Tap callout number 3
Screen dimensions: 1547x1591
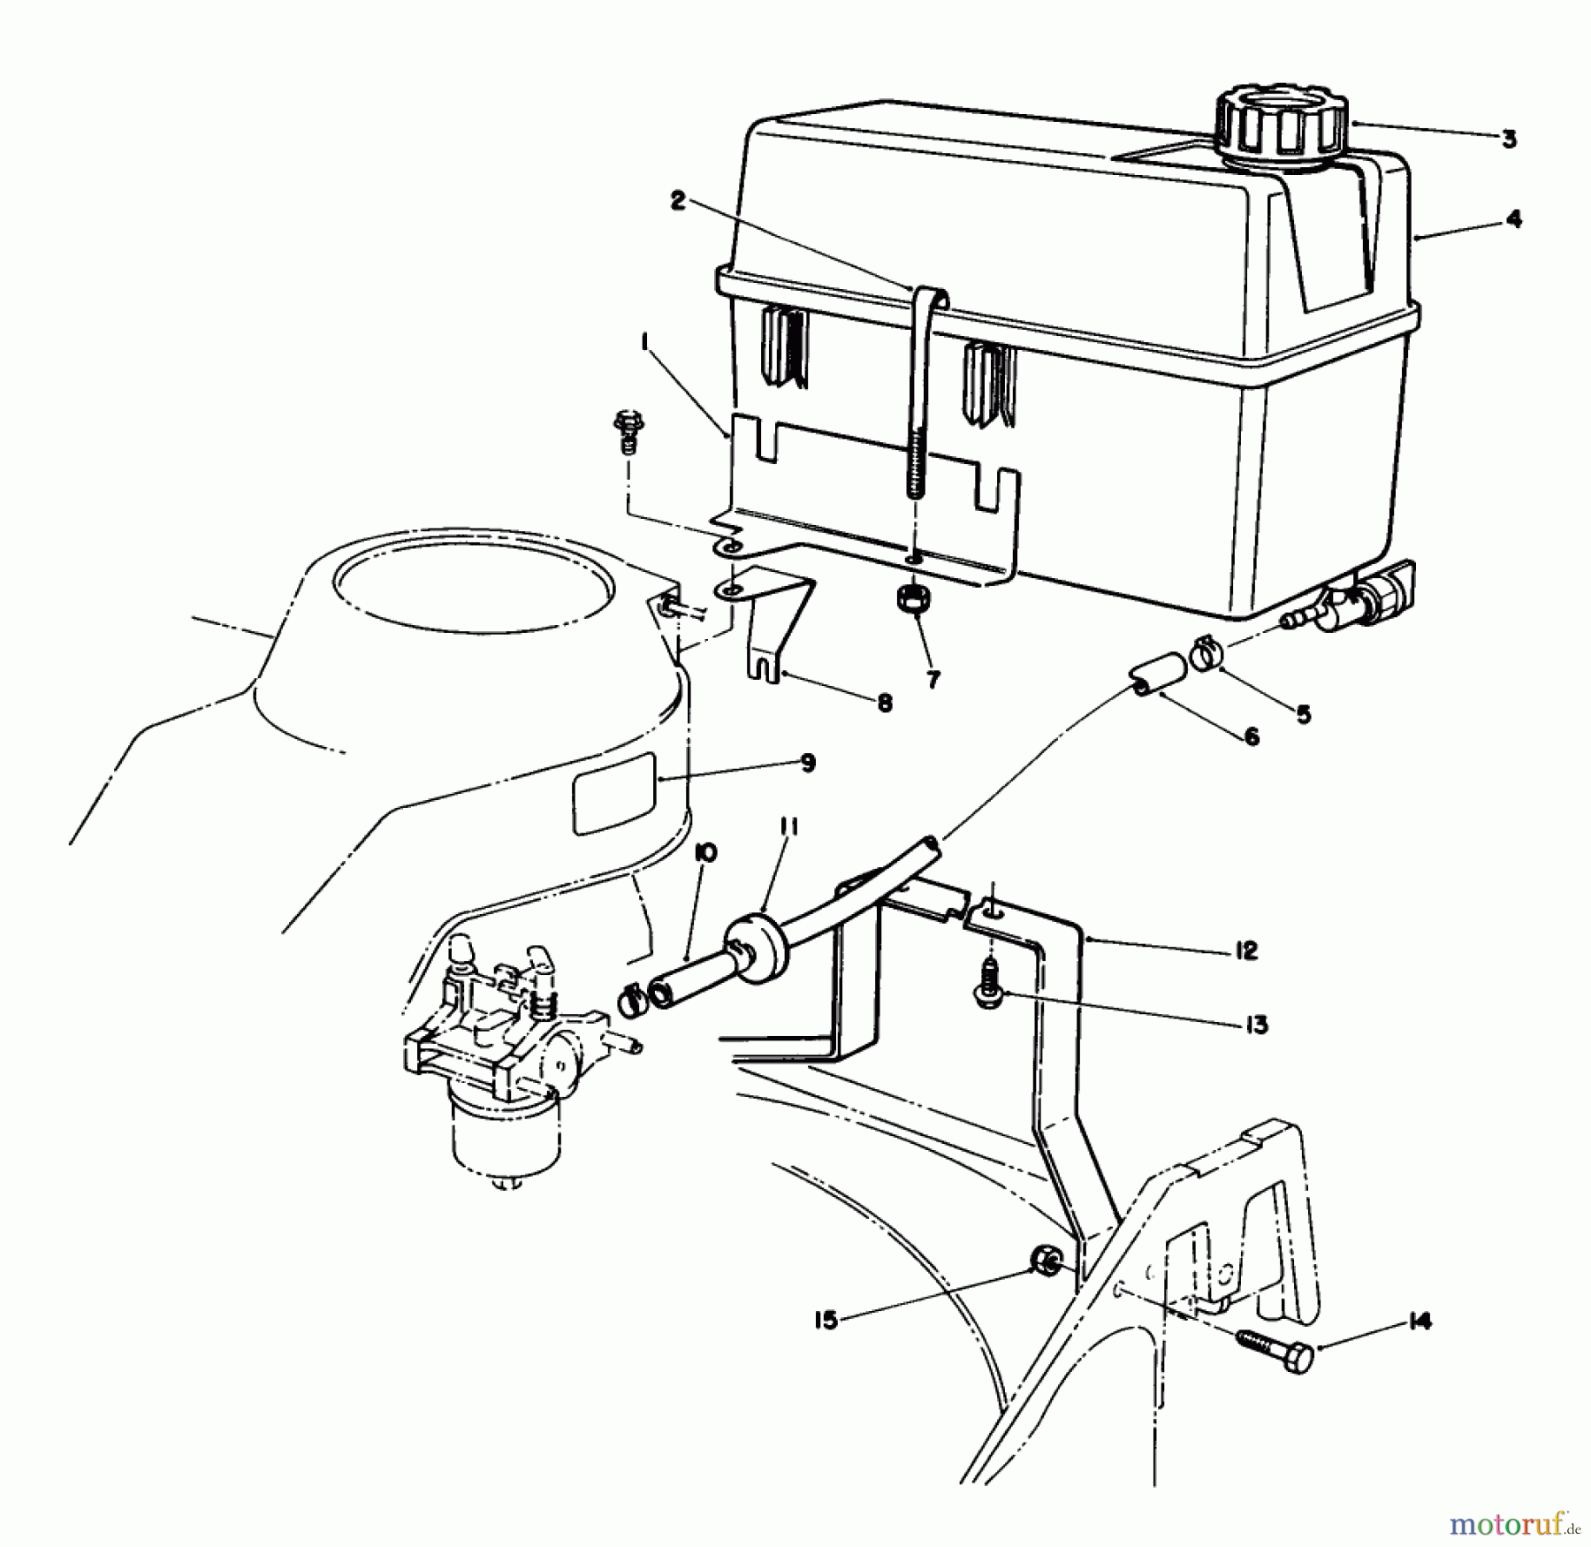click(x=1509, y=139)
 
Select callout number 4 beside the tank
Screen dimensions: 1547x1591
click(x=1514, y=218)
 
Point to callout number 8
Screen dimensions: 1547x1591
click(x=884, y=703)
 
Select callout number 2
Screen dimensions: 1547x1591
click(x=678, y=202)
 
